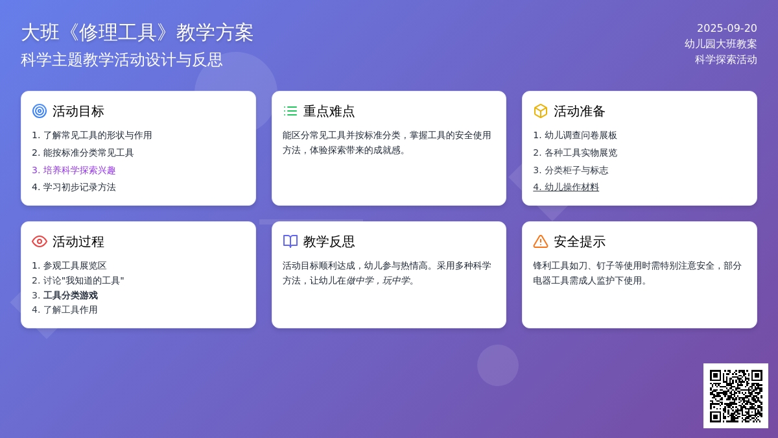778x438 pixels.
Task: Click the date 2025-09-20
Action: [727, 28]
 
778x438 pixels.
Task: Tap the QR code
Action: [736, 396]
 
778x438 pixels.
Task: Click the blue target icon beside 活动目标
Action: [40, 111]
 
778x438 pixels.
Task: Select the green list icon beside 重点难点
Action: [290, 111]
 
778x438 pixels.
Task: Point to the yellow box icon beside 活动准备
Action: [541, 111]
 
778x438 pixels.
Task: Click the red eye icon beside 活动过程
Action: [40, 241]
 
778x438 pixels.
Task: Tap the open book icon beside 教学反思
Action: [290, 241]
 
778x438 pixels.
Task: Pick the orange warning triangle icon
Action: [541, 241]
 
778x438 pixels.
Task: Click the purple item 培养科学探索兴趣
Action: [74, 170]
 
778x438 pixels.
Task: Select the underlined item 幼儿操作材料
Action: [566, 187]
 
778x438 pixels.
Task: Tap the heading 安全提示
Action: [580, 241]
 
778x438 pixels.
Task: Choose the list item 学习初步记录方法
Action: [74, 187]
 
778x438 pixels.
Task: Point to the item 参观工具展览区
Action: [69, 265]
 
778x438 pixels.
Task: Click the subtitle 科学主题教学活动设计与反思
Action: [122, 60]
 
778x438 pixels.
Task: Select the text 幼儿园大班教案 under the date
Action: [721, 44]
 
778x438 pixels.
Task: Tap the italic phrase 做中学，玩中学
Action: [378, 280]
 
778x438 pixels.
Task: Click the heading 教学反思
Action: [329, 241]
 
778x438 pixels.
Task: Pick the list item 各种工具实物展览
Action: [575, 153]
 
